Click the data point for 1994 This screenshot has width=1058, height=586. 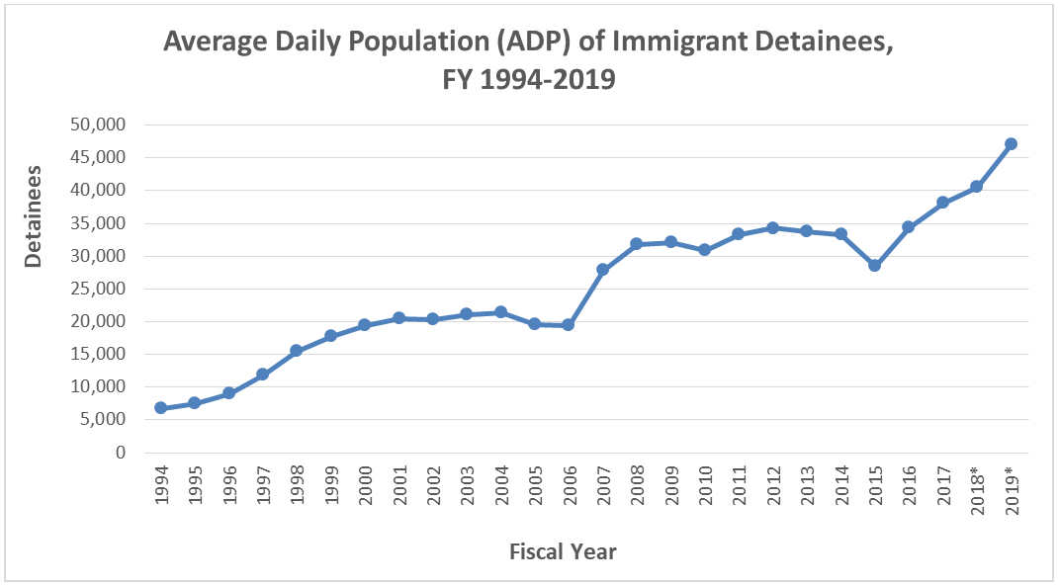click(x=160, y=408)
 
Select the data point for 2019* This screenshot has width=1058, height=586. click(x=1011, y=143)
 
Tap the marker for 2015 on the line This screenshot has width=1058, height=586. click(x=874, y=266)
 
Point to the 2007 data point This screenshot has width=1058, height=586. click(x=602, y=270)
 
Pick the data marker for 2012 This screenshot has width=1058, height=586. click(x=772, y=228)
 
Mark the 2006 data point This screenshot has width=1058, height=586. click(x=569, y=325)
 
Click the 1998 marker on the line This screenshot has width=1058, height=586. click(x=297, y=351)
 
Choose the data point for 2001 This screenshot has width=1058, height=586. click(x=398, y=318)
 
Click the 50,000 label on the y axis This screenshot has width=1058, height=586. click(x=97, y=125)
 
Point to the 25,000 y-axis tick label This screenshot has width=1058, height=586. click(x=97, y=289)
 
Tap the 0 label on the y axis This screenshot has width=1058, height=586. click(x=121, y=453)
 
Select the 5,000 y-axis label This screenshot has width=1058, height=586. click(x=102, y=419)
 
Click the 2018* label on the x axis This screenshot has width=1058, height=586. click(x=978, y=490)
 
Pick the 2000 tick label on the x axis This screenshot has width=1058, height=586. click(x=366, y=485)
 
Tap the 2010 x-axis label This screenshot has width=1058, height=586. click(x=706, y=485)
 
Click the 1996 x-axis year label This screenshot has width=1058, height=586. click(x=229, y=485)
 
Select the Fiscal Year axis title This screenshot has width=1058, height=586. click(x=563, y=551)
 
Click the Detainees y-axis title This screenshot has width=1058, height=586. click(x=33, y=216)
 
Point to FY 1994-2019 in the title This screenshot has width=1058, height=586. click(x=529, y=80)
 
